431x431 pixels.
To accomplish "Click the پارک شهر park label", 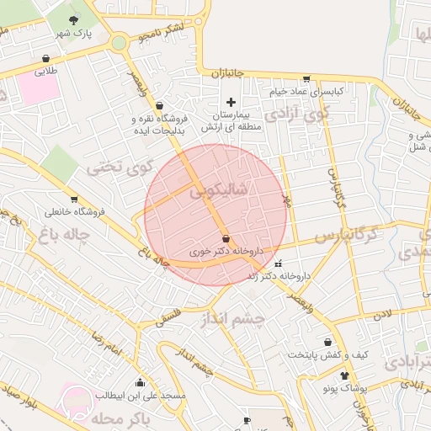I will point(73,34).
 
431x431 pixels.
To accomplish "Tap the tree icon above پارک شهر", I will point(73,19).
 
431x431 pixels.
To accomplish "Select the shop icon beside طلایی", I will point(44,58).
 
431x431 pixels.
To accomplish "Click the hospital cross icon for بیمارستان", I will point(231,102).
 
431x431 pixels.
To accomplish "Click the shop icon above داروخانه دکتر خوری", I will point(226,238).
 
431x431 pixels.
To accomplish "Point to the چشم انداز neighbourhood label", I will point(232,319).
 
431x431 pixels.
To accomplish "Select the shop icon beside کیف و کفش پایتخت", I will point(327,343).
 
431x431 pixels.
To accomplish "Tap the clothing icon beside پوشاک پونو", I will point(343,375).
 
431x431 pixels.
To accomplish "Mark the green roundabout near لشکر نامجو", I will point(119,41).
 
